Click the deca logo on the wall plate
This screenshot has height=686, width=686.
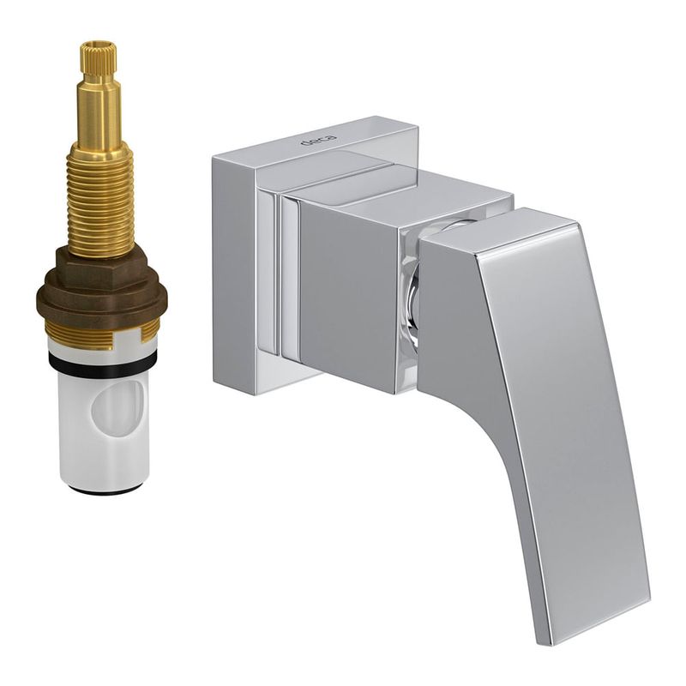pos(318,140)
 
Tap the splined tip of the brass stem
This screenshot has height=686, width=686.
pos(99,59)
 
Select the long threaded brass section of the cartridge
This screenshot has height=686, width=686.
pos(99,202)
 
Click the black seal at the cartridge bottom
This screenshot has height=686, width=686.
pos(104,489)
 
